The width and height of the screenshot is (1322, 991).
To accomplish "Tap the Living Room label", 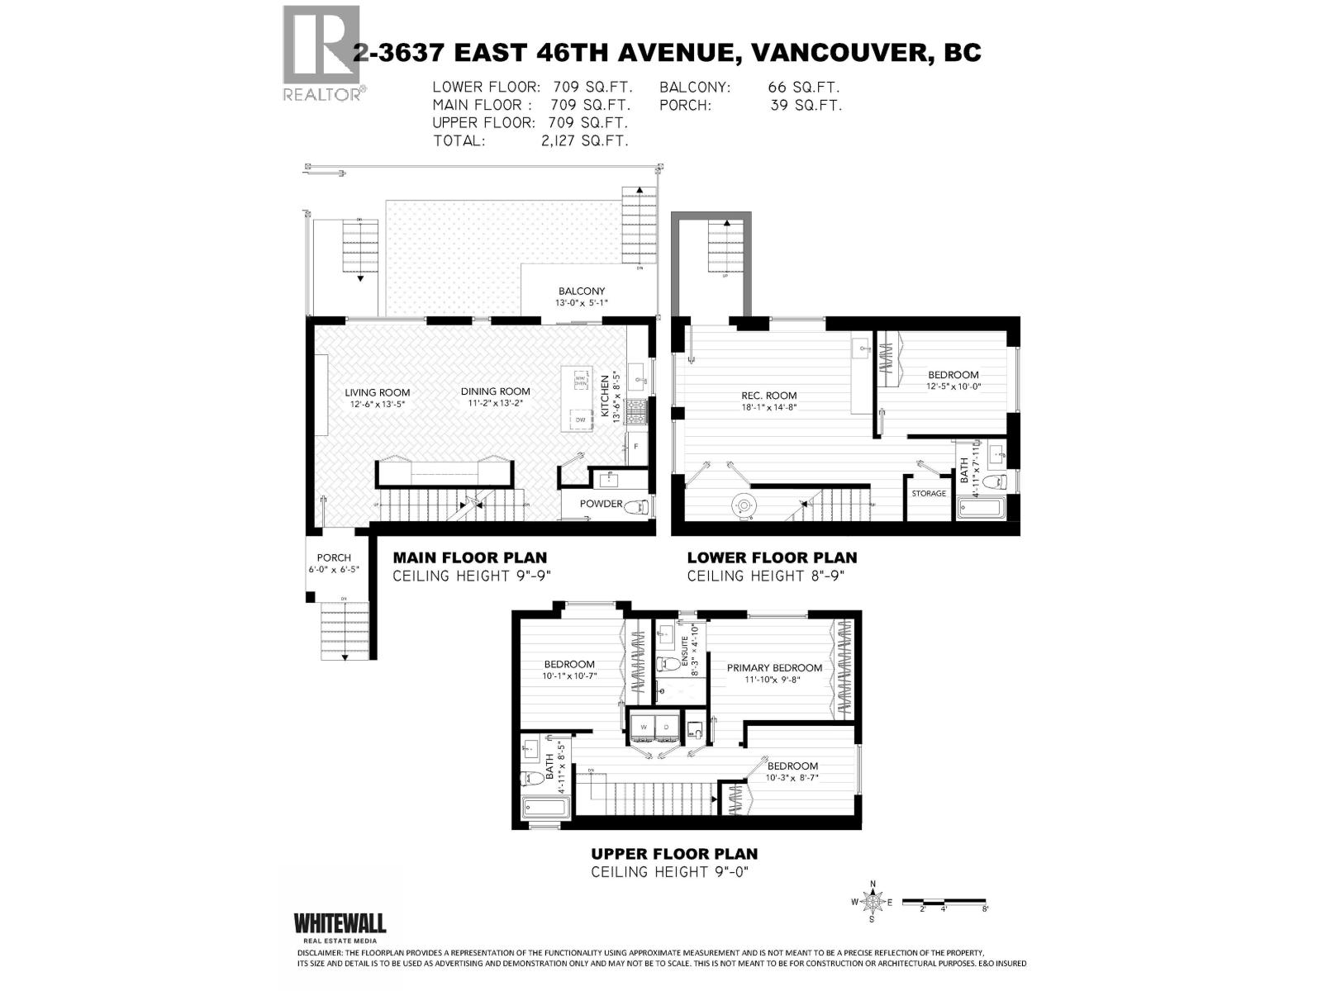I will point(378,392).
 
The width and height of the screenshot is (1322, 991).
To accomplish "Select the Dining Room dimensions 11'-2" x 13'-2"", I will point(496,404).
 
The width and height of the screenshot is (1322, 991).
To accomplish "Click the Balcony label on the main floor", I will point(581,291).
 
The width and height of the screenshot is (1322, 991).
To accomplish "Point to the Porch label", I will point(334,557).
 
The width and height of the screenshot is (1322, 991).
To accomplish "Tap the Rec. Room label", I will point(768,395).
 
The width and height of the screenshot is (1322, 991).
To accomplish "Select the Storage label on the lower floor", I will point(929,494).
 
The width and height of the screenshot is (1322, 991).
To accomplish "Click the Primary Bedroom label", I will point(774,667).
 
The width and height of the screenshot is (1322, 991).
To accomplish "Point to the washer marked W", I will point(643,727).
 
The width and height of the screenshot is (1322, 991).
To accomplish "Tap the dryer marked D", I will point(666,727).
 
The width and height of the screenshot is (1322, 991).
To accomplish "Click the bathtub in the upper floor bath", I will point(544,808).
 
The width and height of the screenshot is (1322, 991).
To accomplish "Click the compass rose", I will point(873,902).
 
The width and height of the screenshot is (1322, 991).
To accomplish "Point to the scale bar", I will point(944,901).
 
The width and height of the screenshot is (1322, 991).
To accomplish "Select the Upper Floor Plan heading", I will point(674,854).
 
